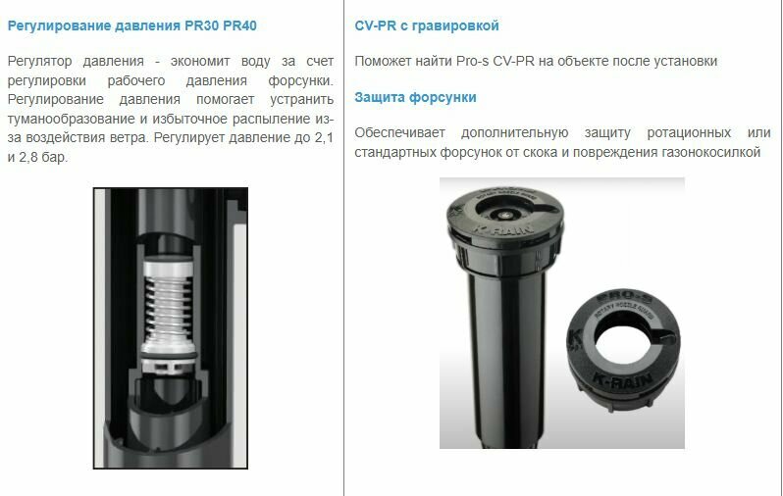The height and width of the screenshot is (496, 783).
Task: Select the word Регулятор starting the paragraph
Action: pyautogui.click(x=39, y=61)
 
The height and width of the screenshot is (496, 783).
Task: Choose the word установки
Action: pyautogui.click(x=685, y=61)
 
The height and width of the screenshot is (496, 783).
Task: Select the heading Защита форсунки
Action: pyautogui.click(x=416, y=97)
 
